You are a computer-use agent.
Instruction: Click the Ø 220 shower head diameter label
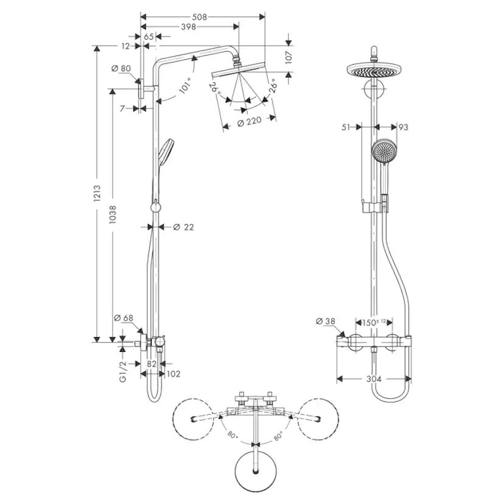(248, 121)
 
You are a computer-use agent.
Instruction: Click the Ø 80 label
(122, 68)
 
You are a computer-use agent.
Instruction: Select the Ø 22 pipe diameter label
(183, 227)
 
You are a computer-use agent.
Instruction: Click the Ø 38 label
(326, 321)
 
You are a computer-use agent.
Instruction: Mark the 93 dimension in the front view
(402, 127)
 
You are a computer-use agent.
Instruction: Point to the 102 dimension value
(173, 374)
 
